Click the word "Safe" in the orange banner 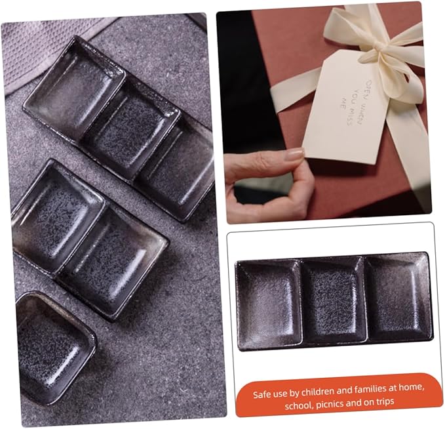click(261, 395)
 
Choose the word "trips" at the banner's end click(385, 401)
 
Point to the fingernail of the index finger click(294, 155)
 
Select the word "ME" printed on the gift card click(343, 103)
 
